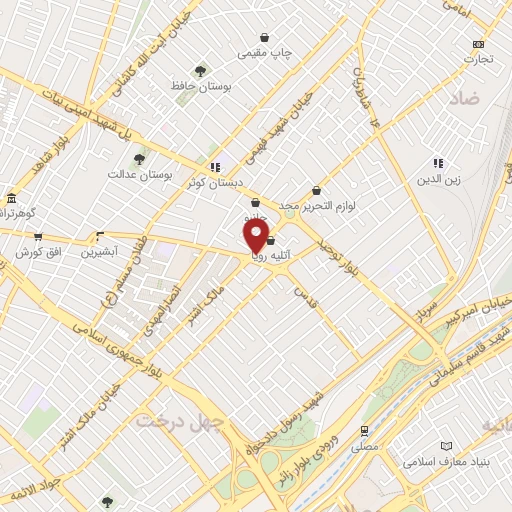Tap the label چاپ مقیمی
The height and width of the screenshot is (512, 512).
coord(264,53)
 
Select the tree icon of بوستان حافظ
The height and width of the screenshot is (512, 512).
coord(201,71)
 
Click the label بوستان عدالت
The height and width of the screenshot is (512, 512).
coord(140,174)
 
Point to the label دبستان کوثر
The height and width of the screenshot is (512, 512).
coord(210,182)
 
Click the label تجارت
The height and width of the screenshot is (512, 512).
coord(478,59)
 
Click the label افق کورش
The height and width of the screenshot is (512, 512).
coord(36,252)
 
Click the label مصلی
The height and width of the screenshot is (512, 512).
coord(365,447)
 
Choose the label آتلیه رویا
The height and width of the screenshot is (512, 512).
coord(271,255)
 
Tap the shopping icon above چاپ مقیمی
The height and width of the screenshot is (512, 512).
coord(264,36)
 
